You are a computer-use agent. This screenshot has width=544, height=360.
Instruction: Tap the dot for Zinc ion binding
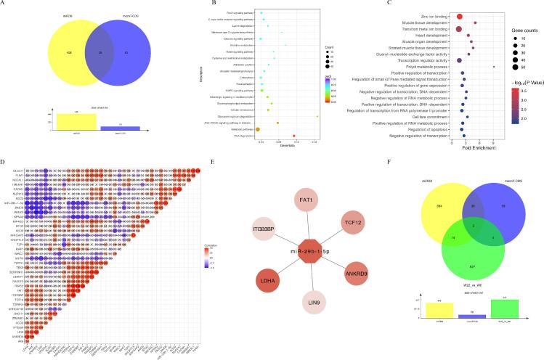coord(460,16)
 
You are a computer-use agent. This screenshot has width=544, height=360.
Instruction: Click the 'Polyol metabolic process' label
coord(431,66)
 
